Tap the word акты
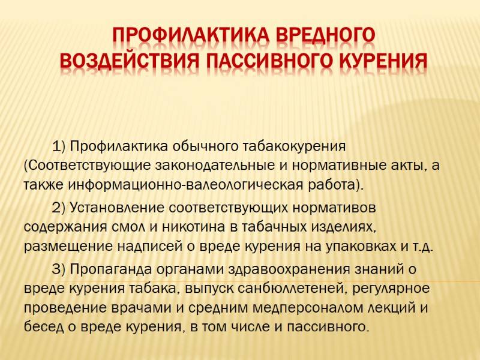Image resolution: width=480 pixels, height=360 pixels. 406,164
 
